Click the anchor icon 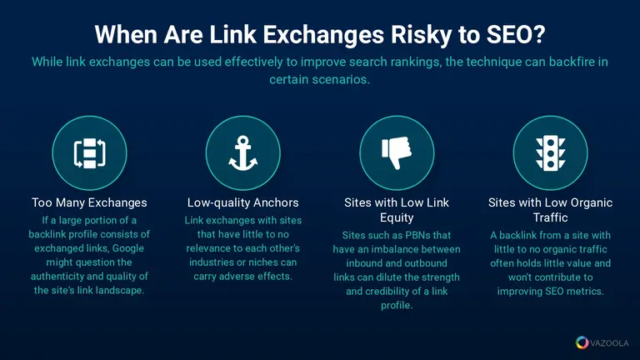[x=242, y=153]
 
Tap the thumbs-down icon [x=397, y=152]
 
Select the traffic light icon [x=550, y=153]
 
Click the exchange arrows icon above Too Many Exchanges [x=89, y=153]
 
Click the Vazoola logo [x=602, y=342]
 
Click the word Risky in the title [x=421, y=35]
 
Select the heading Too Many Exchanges [x=89, y=202]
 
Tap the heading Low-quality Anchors [x=242, y=202]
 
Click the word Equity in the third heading [x=397, y=218]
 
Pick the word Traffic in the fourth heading [x=550, y=217]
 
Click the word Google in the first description [x=128, y=248]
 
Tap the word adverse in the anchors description [x=233, y=277]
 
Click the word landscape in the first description [x=123, y=291]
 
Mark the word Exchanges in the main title [x=323, y=35]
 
